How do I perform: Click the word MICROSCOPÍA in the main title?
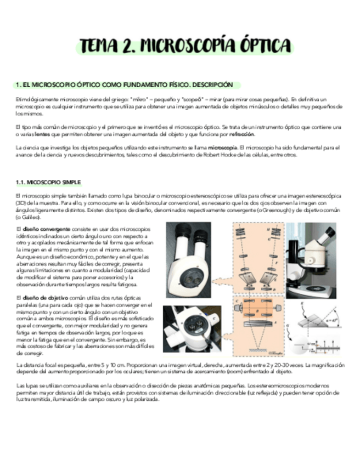(185, 45)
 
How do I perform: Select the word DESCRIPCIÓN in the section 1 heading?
(212, 85)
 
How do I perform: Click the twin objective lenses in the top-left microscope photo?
(190, 279)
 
